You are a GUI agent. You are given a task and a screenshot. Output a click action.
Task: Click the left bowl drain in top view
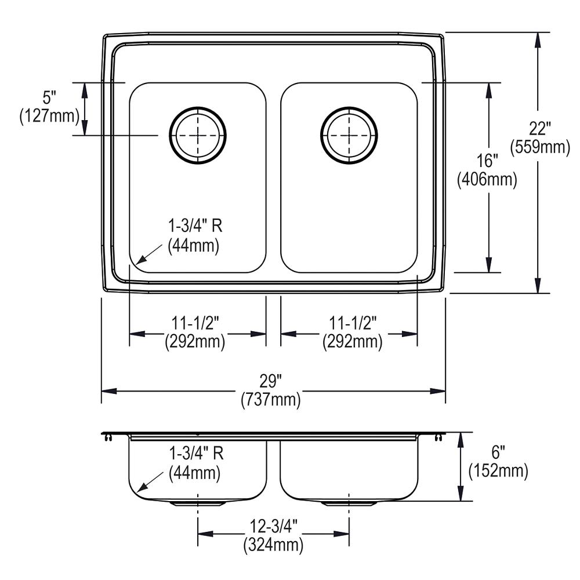198,135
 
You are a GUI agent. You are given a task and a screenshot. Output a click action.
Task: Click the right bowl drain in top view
349,135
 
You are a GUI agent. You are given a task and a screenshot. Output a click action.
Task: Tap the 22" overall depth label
539,129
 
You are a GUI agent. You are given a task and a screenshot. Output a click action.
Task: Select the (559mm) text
540,148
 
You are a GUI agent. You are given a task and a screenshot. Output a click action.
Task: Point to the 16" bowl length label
487,161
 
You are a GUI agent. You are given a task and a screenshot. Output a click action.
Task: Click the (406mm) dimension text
487,180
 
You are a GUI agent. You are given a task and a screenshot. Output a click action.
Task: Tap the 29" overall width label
270,381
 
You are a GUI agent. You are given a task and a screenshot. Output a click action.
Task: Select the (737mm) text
271,400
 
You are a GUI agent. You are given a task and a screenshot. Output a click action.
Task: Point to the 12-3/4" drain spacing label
273,526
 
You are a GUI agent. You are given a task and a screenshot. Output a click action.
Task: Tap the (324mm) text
273,545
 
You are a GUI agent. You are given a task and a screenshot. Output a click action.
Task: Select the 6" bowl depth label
498,452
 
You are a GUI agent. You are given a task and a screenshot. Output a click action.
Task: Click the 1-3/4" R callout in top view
195,227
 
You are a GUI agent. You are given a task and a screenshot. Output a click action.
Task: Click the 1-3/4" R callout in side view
195,454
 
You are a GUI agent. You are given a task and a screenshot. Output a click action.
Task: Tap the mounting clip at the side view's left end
107,437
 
